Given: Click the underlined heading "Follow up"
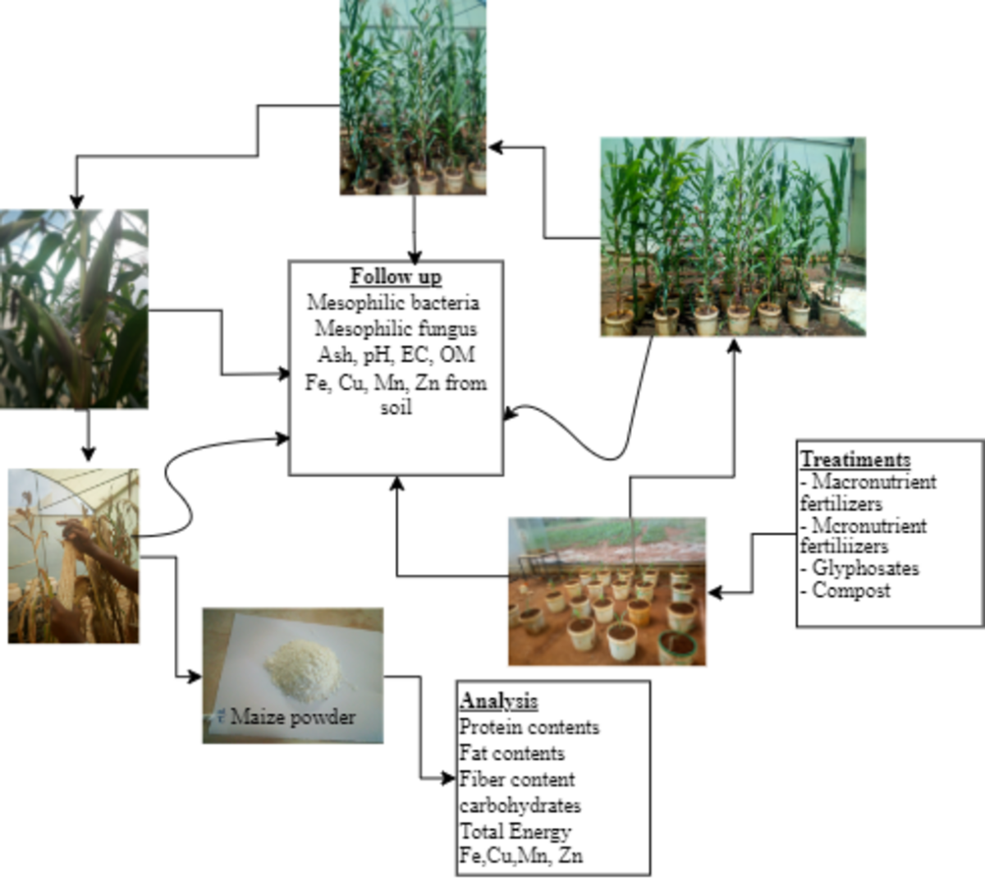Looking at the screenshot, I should pyautogui.click(x=396, y=277).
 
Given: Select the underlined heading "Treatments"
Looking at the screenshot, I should pyautogui.click(x=855, y=460).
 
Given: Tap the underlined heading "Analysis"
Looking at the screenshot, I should pyautogui.click(x=499, y=701).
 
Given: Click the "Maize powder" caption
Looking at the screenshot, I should pyautogui.click(x=293, y=717).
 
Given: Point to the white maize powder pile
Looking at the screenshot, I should pyautogui.click(x=302, y=667).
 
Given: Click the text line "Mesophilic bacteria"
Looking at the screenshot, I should pyautogui.click(x=394, y=303).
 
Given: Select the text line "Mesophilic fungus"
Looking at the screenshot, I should pyautogui.click(x=396, y=329).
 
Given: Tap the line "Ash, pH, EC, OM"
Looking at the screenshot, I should pyautogui.click(x=396, y=356).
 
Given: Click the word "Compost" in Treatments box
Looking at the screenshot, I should pyautogui.click(x=851, y=590).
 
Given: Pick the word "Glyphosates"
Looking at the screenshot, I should pyautogui.click(x=865, y=568).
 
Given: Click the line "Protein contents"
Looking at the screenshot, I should pyautogui.click(x=529, y=728).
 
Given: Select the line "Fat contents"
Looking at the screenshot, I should pyautogui.click(x=512, y=753).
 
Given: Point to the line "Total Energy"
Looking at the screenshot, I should pyautogui.click(x=515, y=831).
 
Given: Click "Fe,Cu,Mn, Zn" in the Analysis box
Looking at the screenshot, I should pyautogui.click(x=521, y=856).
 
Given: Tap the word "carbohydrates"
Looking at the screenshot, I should pyautogui.click(x=520, y=805).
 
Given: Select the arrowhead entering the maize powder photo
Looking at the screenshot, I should pyautogui.click(x=195, y=677).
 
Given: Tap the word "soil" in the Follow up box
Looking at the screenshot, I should pyautogui.click(x=396, y=407).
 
